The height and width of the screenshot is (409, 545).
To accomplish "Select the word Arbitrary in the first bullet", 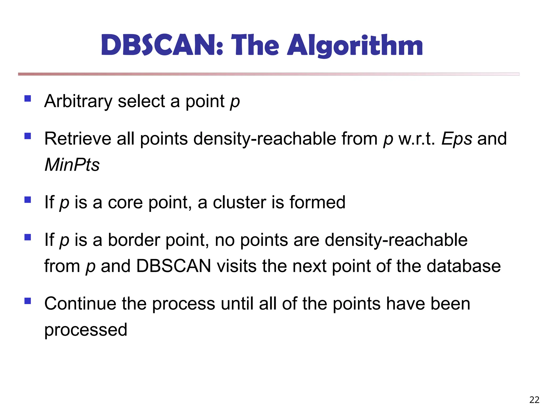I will click(79, 101).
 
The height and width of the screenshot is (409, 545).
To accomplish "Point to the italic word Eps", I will click(457, 139).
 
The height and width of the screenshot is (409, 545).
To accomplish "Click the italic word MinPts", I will click(72, 165).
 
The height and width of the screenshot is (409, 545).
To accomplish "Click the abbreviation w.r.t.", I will click(416, 139).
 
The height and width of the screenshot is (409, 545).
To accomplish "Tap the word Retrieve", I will click(77, 139).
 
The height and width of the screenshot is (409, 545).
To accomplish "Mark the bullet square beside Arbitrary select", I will click(28, 99).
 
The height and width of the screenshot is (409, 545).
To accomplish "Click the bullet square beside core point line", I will click(28, 200).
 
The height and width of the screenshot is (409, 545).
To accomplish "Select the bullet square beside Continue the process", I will click(28, 301).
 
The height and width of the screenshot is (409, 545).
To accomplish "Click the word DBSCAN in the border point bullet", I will click(174, 266).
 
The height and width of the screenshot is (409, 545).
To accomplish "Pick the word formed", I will click(317, 202).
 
